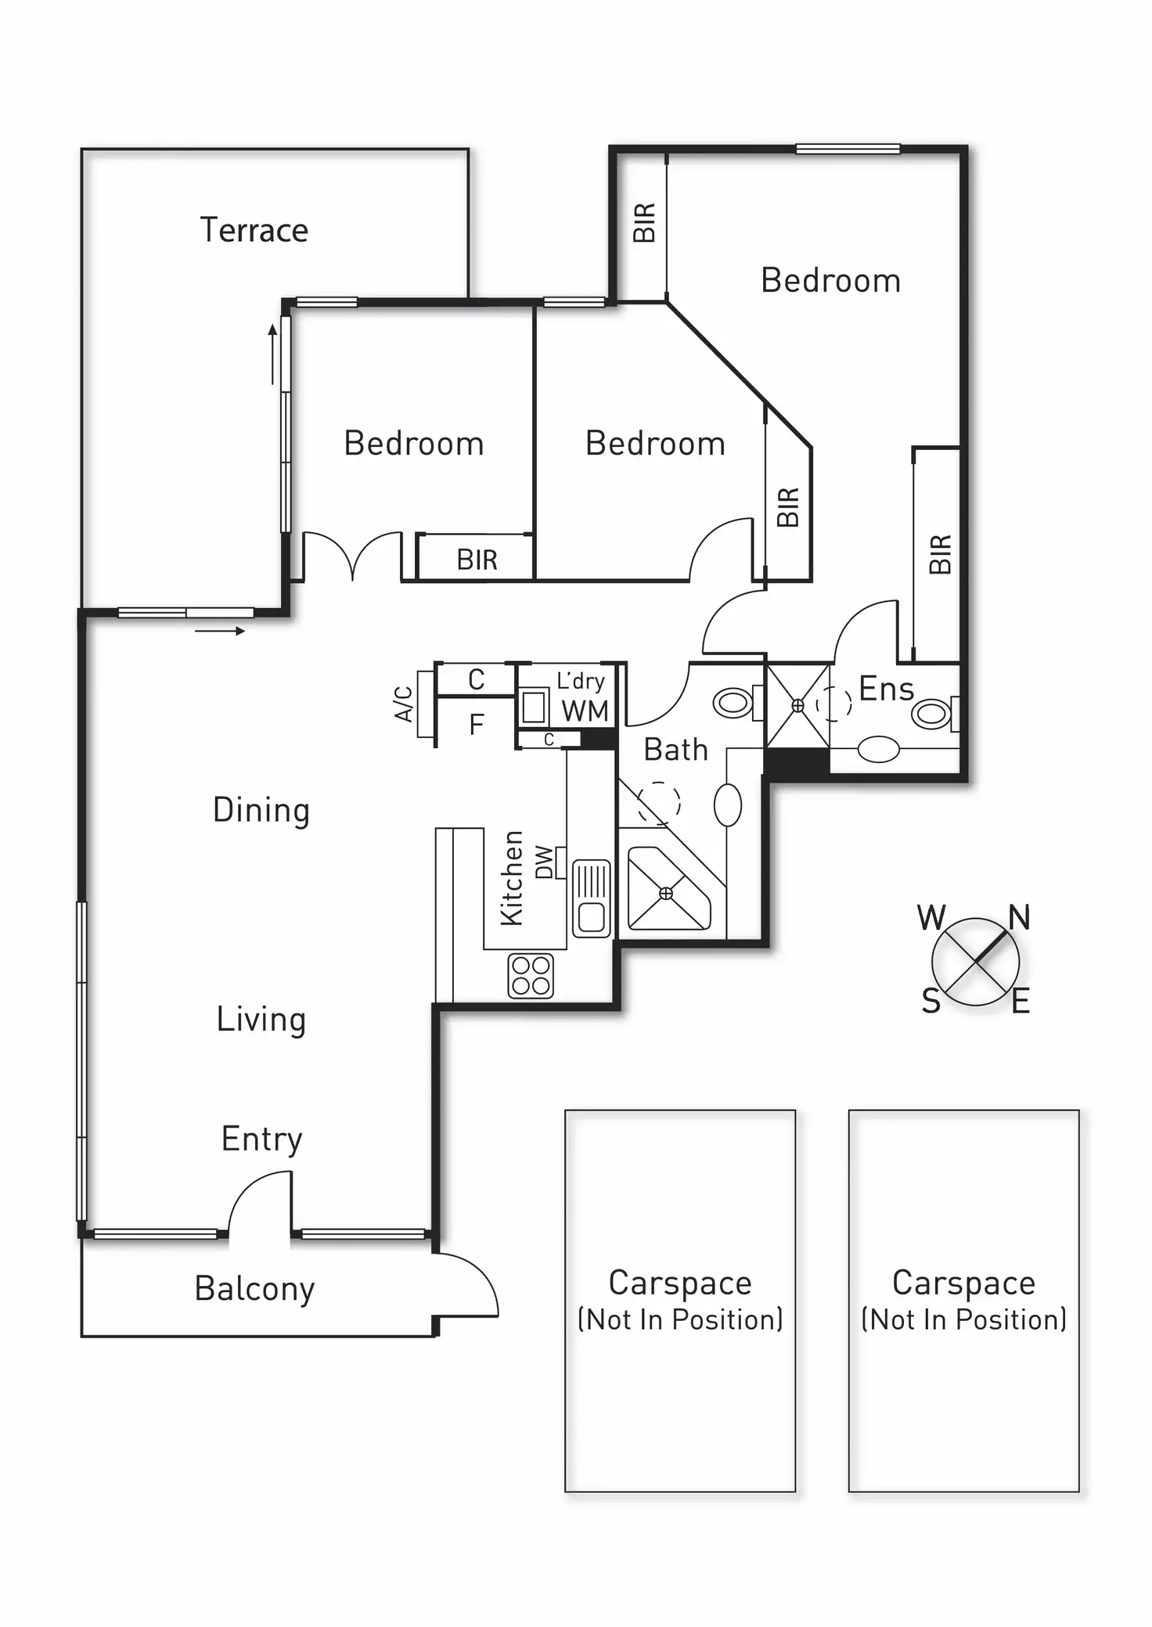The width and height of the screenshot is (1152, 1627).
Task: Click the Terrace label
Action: click(x=254, y=230)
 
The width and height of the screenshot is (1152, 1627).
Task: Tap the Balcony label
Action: click(x=254, y=1288)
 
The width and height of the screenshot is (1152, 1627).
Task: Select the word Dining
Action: click(x=261, y=810)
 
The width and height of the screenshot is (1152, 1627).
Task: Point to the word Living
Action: click(x=261, y=1019)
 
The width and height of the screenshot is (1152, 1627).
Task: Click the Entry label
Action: click(x=261, y=1139)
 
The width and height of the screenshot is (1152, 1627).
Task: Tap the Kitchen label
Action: click(x=512, y=878)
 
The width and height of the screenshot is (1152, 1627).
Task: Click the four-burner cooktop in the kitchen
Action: click(x=531, y=975)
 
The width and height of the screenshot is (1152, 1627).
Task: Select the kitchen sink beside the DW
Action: click(x=591, y=898)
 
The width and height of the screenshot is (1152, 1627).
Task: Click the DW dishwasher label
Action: click(x=544, y=862)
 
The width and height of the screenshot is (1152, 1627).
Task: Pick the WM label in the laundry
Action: click(x=585, y=711)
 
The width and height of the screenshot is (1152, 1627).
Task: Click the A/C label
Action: click(x=403, y=704)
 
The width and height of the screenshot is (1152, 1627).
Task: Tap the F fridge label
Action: click(x=477, y=725)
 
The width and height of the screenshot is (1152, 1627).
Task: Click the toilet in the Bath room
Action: click(x=734, y=702)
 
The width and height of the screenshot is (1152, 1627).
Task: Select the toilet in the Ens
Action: click(x=934, y=714)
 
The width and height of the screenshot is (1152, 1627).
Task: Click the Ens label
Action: click(x=886, y=689)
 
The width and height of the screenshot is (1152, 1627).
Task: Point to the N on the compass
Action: click(x=1018, y=916)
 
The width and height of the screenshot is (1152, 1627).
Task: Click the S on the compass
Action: click(x=931, y=1001)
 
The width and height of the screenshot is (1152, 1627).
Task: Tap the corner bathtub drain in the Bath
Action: click(x=666, y=893)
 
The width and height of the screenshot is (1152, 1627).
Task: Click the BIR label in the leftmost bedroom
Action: click(x=477, y=560)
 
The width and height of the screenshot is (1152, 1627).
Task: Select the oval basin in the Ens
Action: click(x=878, y=749)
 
